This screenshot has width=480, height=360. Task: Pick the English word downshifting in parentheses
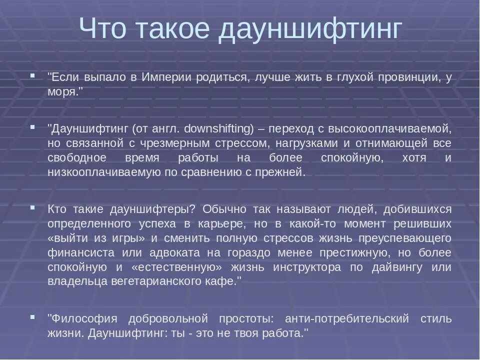(x=219, y=128)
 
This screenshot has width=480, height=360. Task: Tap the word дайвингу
(x=398, y=266)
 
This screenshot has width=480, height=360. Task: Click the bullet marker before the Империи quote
(x=32, y=76)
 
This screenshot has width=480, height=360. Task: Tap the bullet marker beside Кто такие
(x=32, y=207)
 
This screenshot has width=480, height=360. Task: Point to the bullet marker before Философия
(x=32, y=317)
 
